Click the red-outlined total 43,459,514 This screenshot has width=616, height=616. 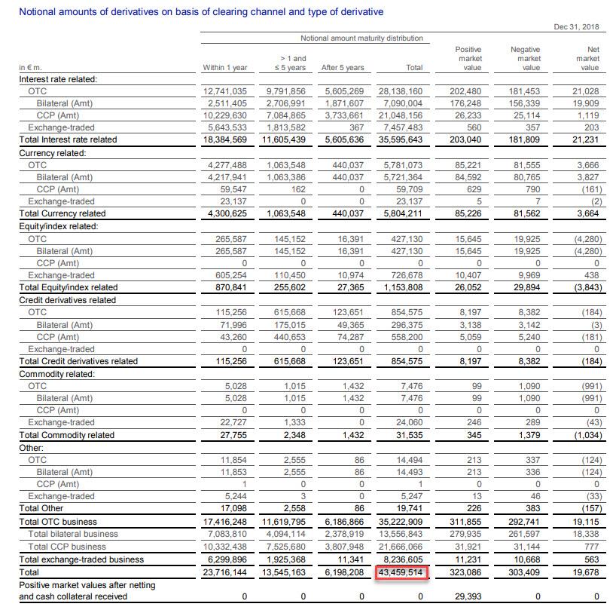401,572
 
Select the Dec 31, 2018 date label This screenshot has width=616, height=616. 576,26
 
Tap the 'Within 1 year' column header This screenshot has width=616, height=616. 225,67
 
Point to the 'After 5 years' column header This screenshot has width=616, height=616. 343,67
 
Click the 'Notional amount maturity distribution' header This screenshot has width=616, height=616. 361,38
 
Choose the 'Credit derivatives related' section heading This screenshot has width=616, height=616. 68,300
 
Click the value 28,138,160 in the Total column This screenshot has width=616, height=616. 401,91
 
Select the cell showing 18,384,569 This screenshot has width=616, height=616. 225,139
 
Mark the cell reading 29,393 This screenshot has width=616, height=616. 468,596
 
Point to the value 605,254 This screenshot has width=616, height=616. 231,275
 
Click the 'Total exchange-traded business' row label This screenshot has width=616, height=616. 82,559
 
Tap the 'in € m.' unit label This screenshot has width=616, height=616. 30,67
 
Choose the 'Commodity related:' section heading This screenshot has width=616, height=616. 57,374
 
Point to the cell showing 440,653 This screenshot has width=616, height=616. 289,337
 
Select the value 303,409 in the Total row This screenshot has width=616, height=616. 524,572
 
